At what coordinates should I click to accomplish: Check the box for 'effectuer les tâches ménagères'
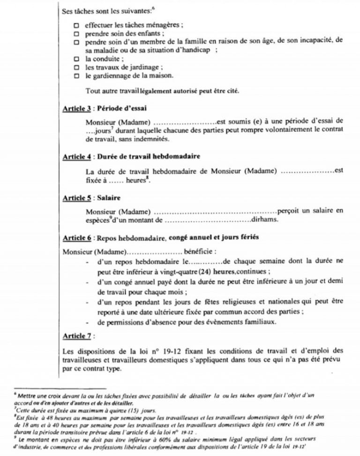(77, 25)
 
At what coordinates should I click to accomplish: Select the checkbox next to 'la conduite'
(77, 60)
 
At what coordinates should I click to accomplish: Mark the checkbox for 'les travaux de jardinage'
(77, 68)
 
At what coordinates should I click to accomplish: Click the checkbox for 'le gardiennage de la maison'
(77, 76)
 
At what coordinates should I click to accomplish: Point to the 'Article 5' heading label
(77, 198)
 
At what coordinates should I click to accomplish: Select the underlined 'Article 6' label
(77, 238)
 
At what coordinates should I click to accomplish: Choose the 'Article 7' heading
(77, 336)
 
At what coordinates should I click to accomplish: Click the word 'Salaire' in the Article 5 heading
(108, 198)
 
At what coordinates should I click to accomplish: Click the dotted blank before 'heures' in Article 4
(112, 181)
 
